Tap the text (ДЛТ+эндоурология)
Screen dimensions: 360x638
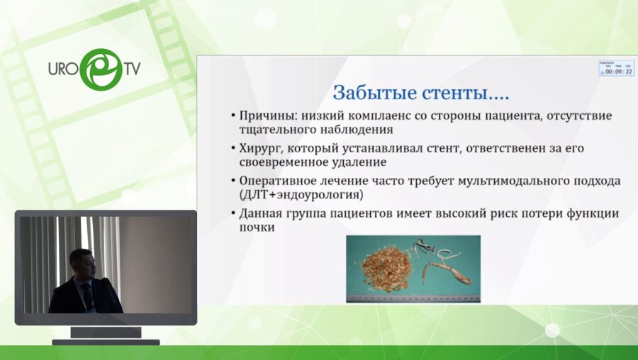pos(297,195)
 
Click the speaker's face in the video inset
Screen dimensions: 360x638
pos(83,262)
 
